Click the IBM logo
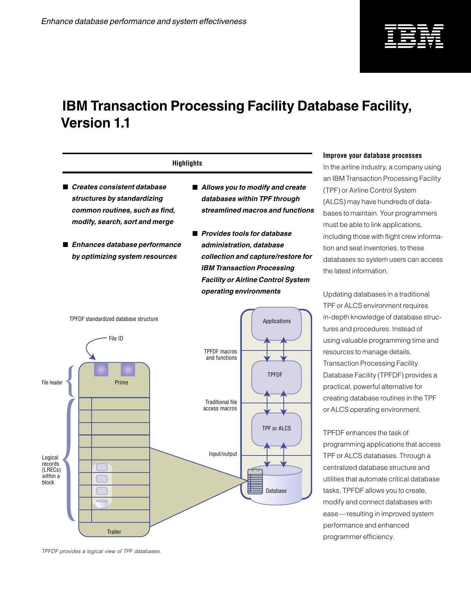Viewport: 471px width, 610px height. [x=414, y=36]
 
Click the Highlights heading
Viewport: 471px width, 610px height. [x=187, y=163]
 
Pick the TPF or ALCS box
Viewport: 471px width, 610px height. [x=276, y=428]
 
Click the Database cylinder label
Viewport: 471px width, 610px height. [x=276, y=491]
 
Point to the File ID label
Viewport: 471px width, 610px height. [x=116, y=339]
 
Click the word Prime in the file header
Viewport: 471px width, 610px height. [x=121, y=383]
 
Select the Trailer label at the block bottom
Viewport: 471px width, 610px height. [x=114, y=532]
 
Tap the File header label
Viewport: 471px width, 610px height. [x=52, y=383]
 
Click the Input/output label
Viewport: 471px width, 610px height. [x=223, y=454]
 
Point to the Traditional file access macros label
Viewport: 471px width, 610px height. [x=220, y=405]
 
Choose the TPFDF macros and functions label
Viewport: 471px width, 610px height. [x=221, y=355]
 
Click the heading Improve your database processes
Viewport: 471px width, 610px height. [x=372, y=156]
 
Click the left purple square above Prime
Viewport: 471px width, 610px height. [x=101, y=370]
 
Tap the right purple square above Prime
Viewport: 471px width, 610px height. [x=128, y=370]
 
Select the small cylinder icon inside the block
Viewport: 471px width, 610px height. [x=102, y=504]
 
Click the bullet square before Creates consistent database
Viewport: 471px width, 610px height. [x=65, y=187]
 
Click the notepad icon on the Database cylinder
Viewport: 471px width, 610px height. [x=255, y=481]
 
